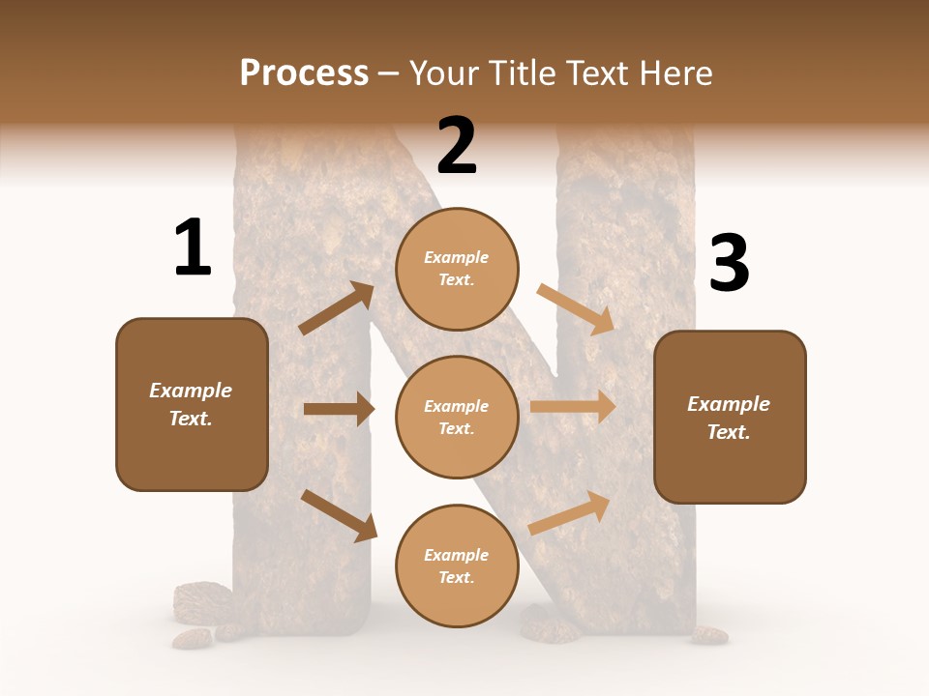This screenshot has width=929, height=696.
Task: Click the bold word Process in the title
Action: [304, 72]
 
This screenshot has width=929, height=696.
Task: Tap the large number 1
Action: [193, 247]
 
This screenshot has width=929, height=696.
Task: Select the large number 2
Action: [457, 146]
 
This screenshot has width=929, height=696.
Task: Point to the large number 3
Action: [729, 264]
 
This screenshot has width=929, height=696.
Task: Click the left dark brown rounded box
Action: [192, 404]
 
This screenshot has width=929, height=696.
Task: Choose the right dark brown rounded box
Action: [730, 417]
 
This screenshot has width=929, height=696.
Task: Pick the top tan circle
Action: [457, 269]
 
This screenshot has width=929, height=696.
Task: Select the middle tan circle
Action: [457, 417]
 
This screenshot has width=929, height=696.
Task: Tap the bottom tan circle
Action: [457, 565]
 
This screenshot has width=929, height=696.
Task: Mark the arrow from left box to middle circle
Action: [339, 409]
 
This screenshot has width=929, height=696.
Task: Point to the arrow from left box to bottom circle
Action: [339, 514]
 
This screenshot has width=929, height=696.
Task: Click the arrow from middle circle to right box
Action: [573, 407]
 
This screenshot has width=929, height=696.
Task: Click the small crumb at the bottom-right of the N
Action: [709, 635]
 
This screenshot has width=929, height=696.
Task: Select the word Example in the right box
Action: [729, 404]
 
